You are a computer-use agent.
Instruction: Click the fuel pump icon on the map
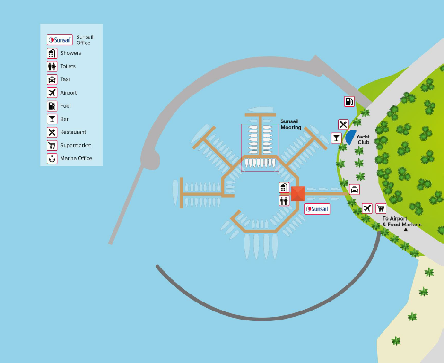coord(349,101)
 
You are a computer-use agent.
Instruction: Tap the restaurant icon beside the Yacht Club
coord(343,124)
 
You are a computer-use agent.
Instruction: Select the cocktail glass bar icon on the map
coord(336,138)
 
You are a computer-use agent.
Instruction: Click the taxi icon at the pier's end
coord(354,190)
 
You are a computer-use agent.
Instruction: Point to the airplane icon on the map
coord(367,208)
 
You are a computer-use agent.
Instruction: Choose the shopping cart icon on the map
coord(381,208)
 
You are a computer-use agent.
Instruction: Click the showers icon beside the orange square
coord(284,188)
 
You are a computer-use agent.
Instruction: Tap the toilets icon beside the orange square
coord(284,200)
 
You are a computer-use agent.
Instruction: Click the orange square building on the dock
coord(297,194)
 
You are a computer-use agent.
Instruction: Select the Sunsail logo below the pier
coord(317,208)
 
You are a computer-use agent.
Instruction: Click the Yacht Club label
coord(363,139)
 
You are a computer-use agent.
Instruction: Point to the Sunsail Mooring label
coord(290,124)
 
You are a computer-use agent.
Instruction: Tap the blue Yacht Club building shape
coord(350,138)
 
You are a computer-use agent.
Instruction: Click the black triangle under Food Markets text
coord(405,230)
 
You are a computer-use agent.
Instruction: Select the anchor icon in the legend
coord(52,158)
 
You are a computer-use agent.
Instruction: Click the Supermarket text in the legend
coord(76,145)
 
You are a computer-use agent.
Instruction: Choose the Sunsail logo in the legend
coord(60,40)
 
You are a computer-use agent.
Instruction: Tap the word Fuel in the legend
coord(65,106)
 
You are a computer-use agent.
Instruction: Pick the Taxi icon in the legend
coord(52,79)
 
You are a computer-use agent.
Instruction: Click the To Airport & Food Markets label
coord(401,222)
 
